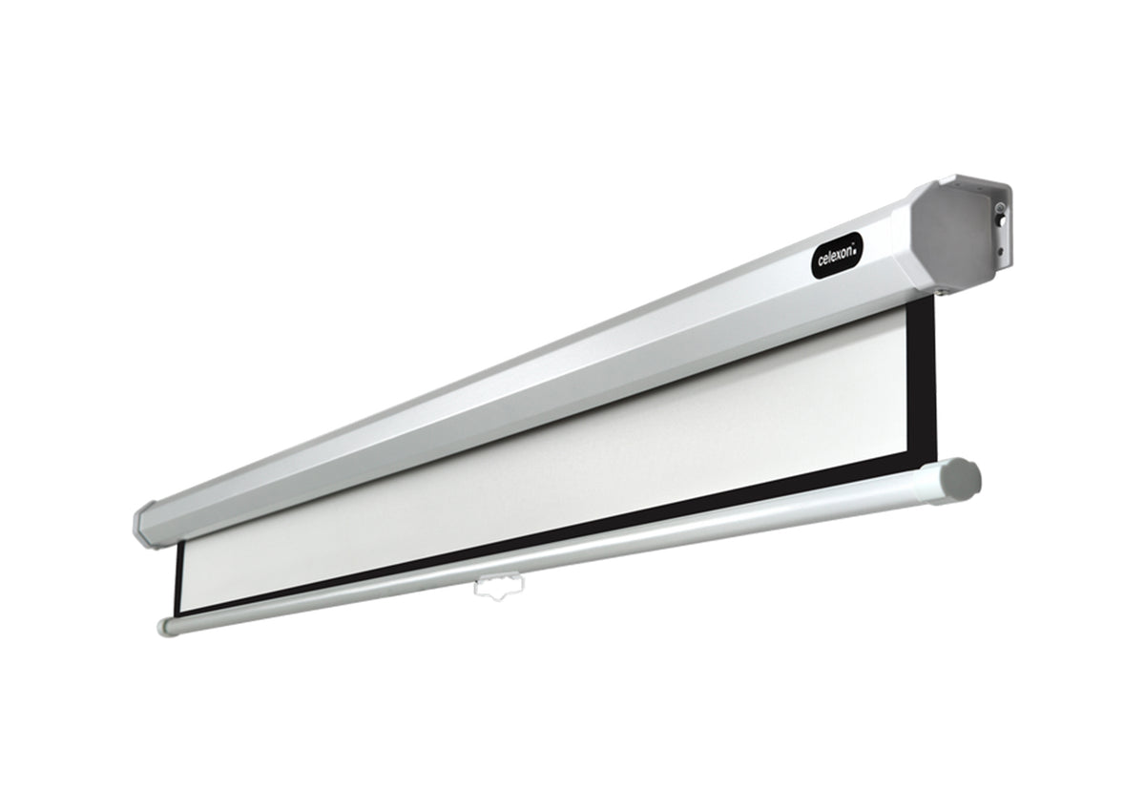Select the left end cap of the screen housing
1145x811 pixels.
(144, 526)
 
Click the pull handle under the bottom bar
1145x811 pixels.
(498, 588)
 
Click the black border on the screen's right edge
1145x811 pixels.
(922, 383)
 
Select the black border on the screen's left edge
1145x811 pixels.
(178, 576)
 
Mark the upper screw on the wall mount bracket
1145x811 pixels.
(1000, 207)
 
